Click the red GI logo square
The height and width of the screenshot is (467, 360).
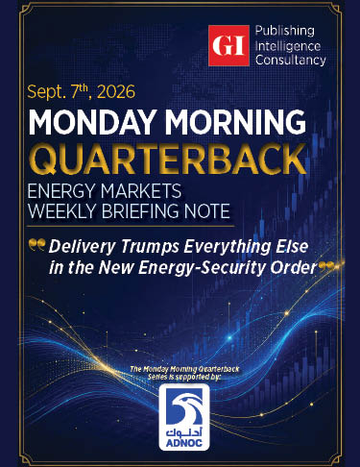(x=228, y=45)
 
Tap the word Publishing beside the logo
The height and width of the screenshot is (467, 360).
(x=285, y=32)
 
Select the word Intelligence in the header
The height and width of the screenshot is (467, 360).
(x=288, y=46)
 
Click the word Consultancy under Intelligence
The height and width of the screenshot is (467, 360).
(x=291, y=61)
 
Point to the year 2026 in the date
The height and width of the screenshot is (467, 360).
(x=116, y=92)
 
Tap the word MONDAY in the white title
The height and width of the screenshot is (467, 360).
(x=93, y=122)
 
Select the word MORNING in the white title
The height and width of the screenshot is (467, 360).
(x=235, y=122)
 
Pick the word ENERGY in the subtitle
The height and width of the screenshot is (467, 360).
(x=61, y=191)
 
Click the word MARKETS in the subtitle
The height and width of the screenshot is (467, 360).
(x=141, y=191)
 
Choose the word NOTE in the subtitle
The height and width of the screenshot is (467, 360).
(x=210, y=210)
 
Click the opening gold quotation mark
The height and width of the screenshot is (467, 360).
(x=36, y=244)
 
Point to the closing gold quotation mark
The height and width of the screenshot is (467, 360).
(x=327, y=266)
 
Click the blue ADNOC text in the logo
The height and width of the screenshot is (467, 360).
(x=184, y=442)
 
